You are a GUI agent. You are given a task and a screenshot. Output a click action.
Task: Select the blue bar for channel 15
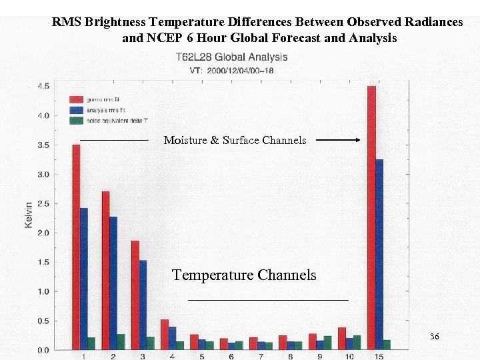coord(379,254)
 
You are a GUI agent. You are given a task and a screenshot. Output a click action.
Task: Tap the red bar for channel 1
coord(76,247)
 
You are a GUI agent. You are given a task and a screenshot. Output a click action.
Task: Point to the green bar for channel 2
coord(121,342)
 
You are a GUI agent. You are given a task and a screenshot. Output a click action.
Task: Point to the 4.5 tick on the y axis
coord(43,86)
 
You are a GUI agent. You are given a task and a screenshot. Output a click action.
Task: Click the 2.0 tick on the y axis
coord(43,233)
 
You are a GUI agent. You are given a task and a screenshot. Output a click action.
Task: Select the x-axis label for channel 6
coord(231,357)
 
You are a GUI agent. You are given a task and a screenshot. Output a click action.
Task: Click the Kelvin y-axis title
coord(28,215)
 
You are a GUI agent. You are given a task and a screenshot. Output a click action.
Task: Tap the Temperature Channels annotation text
coord(244,275)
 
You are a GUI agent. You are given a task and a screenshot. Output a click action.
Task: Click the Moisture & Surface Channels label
coord(235,140)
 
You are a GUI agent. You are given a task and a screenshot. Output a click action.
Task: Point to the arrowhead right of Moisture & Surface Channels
coord(357,140)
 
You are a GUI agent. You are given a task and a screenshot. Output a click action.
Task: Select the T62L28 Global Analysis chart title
coord(231,57)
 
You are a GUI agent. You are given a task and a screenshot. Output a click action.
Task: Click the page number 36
coord(434,337)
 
